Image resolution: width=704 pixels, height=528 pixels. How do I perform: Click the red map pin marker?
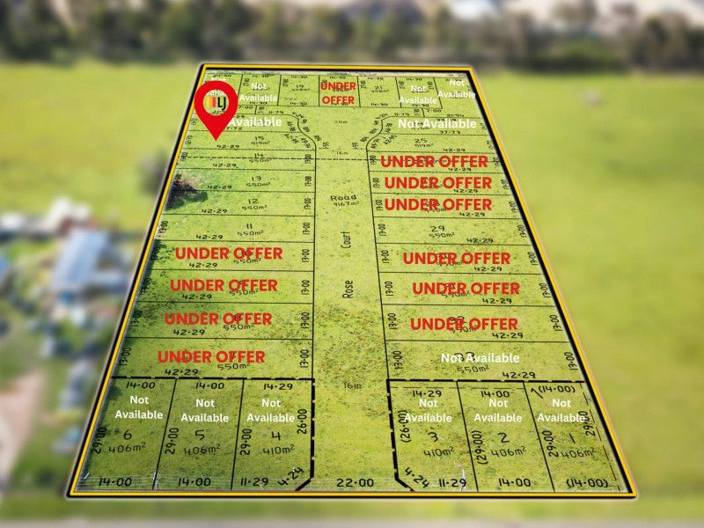coord(216,106)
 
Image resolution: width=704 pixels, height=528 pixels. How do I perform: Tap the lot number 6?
coord(128,434)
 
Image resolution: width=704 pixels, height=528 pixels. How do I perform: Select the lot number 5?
coord(200,435)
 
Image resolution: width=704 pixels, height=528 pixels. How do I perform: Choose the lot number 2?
coord(502,436)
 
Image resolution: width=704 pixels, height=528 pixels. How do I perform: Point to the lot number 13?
coord(232,177)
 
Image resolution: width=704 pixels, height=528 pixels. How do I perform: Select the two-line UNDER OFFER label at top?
coord(338,93)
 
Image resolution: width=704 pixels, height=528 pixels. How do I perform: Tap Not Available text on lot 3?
coord(428,411)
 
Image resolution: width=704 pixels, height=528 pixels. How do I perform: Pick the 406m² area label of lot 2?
coord(509,451)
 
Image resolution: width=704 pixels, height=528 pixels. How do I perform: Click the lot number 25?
coord(421,141)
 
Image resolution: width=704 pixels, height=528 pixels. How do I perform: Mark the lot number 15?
coord(259,138)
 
